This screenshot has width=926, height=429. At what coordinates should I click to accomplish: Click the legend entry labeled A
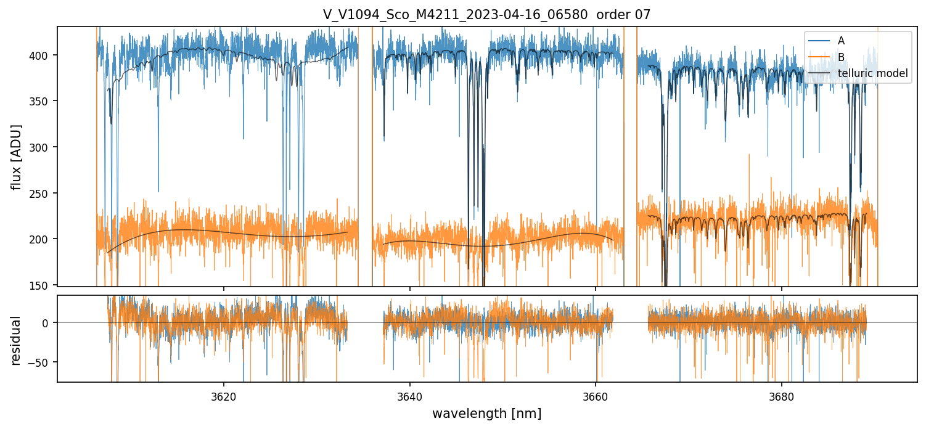pyautogui.click(x=841, y=41)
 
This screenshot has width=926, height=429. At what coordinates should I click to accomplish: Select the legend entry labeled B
pyautogui.click(x=841, y=57)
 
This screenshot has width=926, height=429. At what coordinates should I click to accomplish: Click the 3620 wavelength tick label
pyautogui.click(x=223, y=395)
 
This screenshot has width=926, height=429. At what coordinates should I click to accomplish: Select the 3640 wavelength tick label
pyautogui.click(x=409, y=395)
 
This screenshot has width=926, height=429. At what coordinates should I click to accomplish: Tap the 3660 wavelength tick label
pyautogui.click(x=596, y=395)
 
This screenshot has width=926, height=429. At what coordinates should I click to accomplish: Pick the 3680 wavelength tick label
pyautogui.click(x=782, y=395)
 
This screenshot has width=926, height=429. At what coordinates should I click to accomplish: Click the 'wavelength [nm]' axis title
pyautogui.click(x=486, y=414)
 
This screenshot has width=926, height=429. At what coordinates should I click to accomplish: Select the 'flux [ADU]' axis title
pyautogui.click(x=17, y=157)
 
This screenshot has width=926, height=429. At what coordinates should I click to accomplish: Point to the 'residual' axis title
pyautogui.click(x=17, y=340)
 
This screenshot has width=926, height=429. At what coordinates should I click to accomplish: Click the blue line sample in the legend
pyautogui.click(x=818, y=41)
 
